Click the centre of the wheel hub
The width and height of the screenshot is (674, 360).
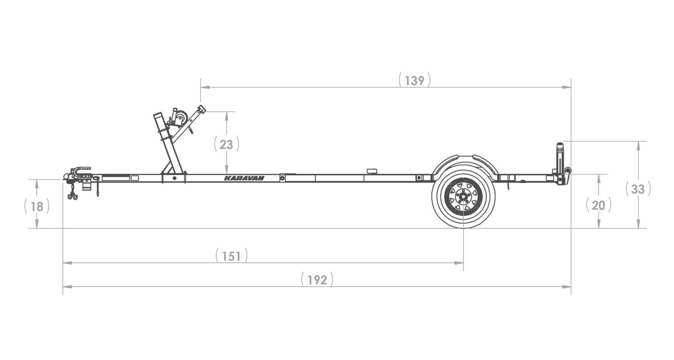463,196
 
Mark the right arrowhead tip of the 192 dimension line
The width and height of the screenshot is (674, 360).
571,287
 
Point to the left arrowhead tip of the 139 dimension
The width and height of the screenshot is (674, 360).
201,87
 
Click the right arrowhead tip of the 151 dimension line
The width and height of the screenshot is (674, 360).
463,263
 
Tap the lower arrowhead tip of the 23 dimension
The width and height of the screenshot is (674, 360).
227,174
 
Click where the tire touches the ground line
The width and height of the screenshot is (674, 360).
463,228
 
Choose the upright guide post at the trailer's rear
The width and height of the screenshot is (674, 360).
560,158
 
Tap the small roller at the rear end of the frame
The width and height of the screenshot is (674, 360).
568,171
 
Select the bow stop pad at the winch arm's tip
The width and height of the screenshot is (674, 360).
202,109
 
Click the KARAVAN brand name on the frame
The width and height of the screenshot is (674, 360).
244,178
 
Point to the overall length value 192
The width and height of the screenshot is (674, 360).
317,280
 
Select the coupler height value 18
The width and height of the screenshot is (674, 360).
37,207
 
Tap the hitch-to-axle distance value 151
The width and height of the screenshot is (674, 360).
232,256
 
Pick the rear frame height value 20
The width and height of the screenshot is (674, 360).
599,205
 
